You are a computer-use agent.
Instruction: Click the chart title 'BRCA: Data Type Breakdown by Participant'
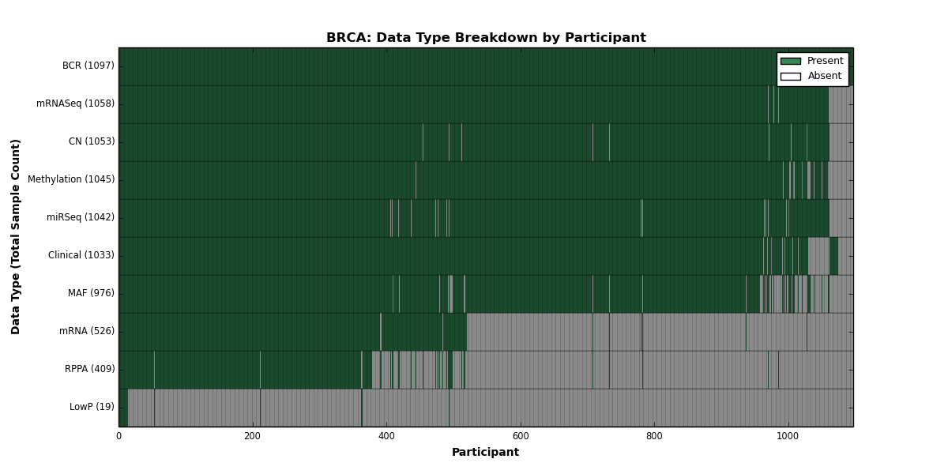point(486,38)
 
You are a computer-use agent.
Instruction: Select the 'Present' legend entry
point(812,61)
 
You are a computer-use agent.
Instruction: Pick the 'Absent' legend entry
point(811,76)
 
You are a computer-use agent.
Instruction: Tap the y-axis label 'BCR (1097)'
point(88,66)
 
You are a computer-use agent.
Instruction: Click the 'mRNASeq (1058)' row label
point(75,103)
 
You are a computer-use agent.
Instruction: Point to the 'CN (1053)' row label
point(92,141)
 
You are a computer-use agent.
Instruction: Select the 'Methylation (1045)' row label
point(71,179)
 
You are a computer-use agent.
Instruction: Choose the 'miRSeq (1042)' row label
point(81,217)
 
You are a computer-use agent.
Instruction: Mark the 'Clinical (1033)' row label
point(81,255)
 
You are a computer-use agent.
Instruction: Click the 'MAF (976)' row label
point(91,293)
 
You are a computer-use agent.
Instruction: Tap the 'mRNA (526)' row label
point(87,331)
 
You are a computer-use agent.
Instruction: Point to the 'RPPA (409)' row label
point(90,369)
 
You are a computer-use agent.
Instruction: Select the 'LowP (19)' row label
point(92,407)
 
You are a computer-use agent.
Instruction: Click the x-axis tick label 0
point(119,436)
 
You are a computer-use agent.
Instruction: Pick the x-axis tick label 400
point(386,436)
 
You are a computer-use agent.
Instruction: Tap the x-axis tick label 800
point(654,436)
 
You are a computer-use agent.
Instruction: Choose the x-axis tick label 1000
point(788,436)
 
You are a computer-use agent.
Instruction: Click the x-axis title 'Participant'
point(485,453)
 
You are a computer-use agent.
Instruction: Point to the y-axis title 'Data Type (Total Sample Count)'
point(15,237)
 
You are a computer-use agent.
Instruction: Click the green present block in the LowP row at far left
point(123,408)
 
